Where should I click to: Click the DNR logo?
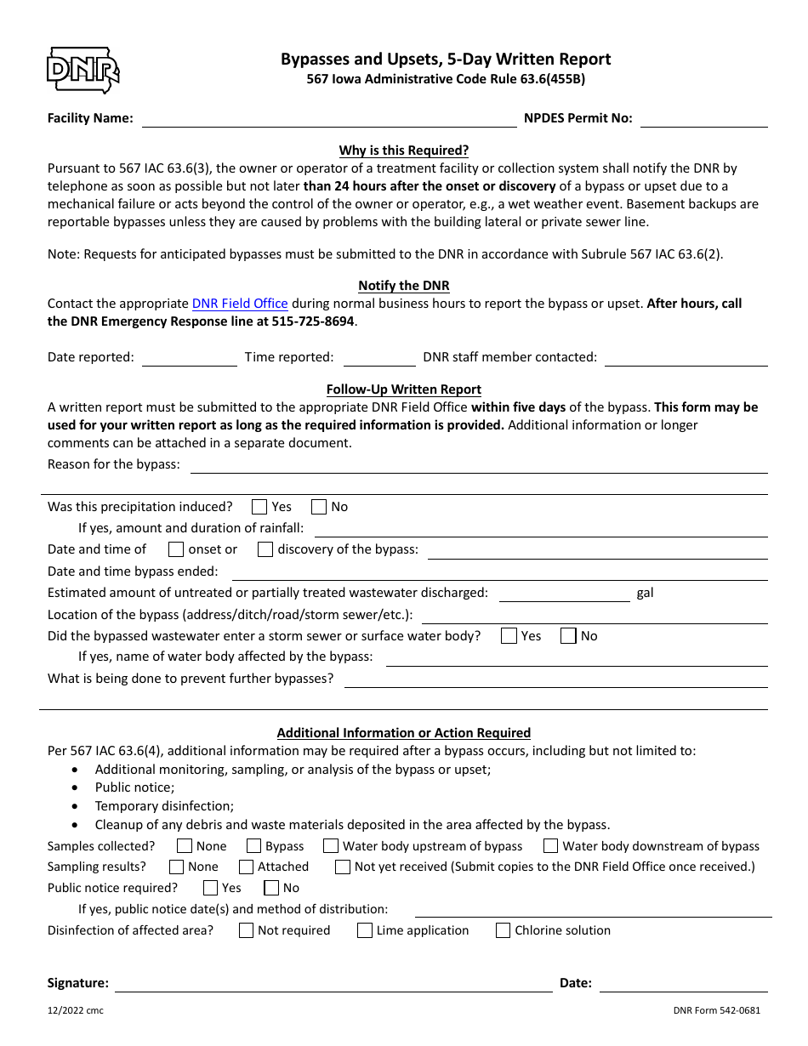pos(83,71)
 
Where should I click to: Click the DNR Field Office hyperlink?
pos(240,304)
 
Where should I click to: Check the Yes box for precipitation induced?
pos(259,507)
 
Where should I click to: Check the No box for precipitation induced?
pos(319,507)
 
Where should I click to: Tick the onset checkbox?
pos(176,549)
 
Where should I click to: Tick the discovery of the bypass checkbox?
pos(265,549)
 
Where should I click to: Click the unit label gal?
pos(645,593)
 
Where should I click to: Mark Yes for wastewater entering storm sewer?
pos(509,636)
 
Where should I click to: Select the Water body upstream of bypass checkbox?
pos(331,846)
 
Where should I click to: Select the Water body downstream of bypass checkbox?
pos(550,846)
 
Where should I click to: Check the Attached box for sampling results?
pos(246,867)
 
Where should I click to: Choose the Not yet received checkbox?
pos(342,867)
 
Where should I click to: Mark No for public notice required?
pos(271,888)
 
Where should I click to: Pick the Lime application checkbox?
pos(364,930)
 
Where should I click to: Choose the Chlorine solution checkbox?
pos(503,930)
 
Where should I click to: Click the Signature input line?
pos(333,984)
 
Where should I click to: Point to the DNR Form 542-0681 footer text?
pos(715,1011)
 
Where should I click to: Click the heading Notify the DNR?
pos(404,286)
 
